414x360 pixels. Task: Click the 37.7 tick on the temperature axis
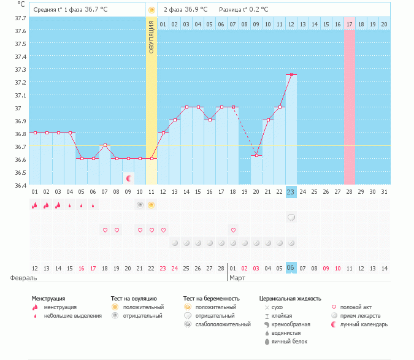pos(21,18)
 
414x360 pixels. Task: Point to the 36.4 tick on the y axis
pos(21,185)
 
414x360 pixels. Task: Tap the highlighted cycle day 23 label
pos(291,192)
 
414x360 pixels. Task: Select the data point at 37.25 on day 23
pos(291,74)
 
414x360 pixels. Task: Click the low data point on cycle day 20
pos(256,155)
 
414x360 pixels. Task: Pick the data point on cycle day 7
pos(105,145)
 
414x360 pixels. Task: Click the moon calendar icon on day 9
pos(129,178)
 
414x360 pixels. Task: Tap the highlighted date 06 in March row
pos(291,268)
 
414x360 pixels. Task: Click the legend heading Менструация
pos(48,299)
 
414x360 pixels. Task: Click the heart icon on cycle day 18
pos(233,230)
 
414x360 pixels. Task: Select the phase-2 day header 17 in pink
pos(350,24)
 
